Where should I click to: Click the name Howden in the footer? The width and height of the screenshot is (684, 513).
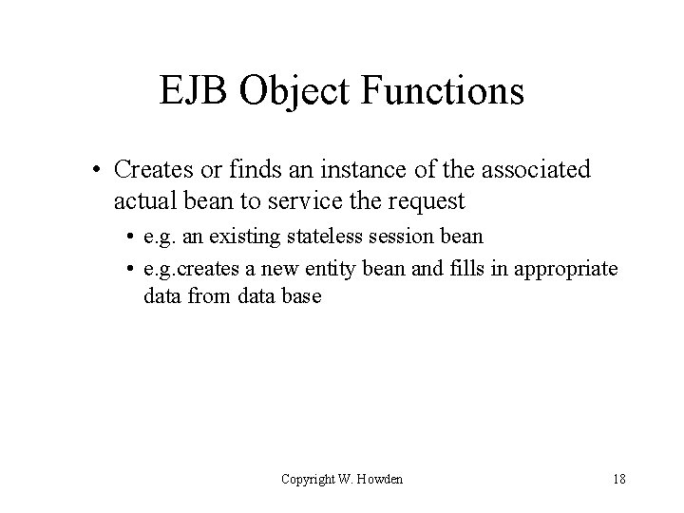[380, 479]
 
